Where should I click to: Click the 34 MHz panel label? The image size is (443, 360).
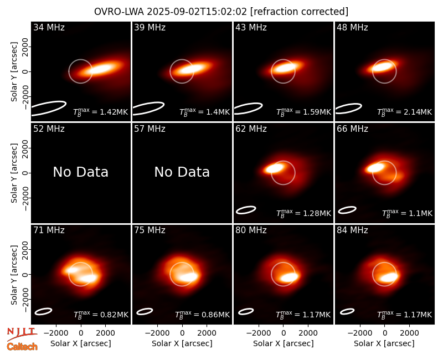(x=49, y=27)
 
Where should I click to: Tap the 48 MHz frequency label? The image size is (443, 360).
(x=352, y=27)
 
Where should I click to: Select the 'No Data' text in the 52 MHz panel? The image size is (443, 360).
(x=80, y=172)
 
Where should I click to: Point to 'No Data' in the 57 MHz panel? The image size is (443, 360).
(x=182, y=172)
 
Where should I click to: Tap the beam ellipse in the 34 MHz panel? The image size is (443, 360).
(x=49, y=108)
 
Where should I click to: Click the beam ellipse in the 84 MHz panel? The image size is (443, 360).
(x=347, y=311)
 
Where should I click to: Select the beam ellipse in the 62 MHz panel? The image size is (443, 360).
(x=246, y=210)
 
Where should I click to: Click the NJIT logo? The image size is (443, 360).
(x=22, y=334)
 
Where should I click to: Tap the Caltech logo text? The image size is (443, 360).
(x=22, y=347)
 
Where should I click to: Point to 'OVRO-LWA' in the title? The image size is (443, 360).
(x=119, y=12)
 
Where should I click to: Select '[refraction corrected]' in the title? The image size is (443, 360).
(x=299, y=12)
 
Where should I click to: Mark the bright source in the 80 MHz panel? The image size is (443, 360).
(x=290, y=277)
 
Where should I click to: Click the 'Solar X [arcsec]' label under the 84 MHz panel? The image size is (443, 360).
(x=384, y=343)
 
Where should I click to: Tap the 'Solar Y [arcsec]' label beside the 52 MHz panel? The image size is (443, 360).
(x=14, y=173)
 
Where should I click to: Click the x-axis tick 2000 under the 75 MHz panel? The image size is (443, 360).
(x=207, y=333)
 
